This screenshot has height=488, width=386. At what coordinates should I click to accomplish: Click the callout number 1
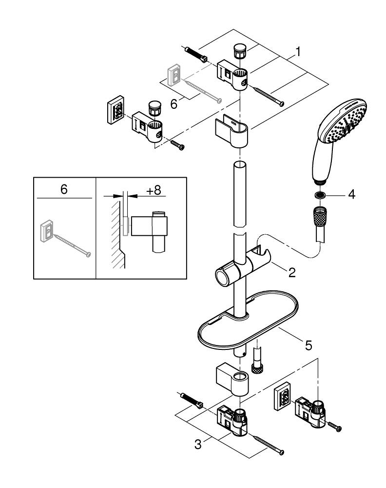click(x=298, y=51)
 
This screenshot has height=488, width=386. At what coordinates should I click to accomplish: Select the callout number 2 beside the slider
click(x=291, y=272)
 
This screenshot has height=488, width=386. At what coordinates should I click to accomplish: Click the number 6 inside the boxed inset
click(x=64, y=190)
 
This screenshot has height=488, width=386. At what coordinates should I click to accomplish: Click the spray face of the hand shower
click(x=345, y=126)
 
